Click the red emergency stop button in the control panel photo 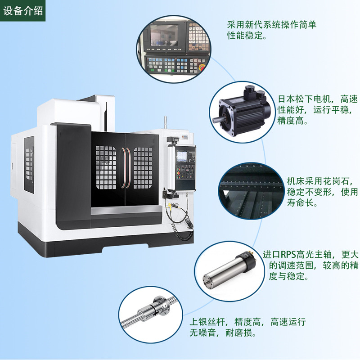(201, 67)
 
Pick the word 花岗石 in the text (338, 181)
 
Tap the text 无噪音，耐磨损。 (223, 333)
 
